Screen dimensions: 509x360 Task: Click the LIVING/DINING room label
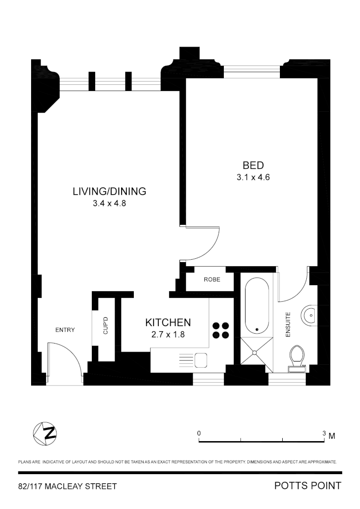click(109, 191)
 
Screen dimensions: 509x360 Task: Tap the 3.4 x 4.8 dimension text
click(109, 204)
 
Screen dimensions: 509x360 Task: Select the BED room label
click(253, 165)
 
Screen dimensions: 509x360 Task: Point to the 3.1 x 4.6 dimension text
click(253, 178)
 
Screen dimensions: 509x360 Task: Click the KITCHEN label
click(168, 322)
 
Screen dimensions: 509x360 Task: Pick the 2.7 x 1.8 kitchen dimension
click(168, 335)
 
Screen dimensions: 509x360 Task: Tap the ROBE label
click(212, 279)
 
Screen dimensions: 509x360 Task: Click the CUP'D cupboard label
click(106, 326)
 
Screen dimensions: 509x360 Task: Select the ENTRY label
click(65, 330)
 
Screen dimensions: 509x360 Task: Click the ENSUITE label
click(288, 324)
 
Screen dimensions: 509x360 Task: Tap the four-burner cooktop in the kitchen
click(221, 330)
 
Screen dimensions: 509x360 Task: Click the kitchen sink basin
click(201, 360)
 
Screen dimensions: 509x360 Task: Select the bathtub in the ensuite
click(257, 305)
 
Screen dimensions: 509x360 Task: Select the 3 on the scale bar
click(324, 433)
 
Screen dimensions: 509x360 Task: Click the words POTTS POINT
click(308, 486)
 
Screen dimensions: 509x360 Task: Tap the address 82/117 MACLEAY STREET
click(67, 486)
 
